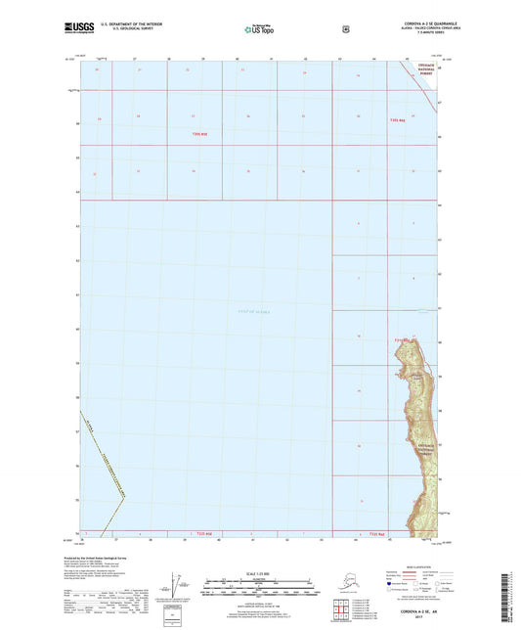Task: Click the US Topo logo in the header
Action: [259, 29]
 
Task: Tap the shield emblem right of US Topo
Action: [344, 28]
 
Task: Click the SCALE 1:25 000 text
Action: [259, 574]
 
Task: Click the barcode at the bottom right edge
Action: [510, 597]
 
